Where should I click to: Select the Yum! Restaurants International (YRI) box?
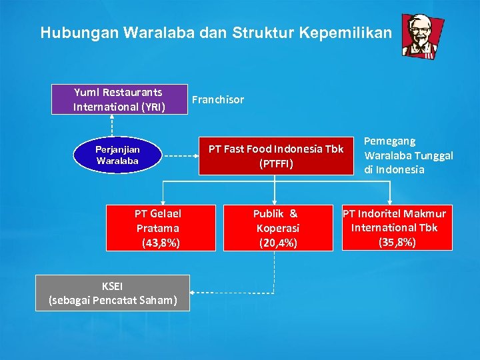(x=119, y=99)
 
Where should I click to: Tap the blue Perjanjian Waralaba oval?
(x=117, y=155)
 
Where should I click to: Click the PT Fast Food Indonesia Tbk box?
(x=276, y=155)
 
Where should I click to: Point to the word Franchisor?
(x=217, y=100)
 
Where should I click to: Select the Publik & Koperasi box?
(x=276, y=228)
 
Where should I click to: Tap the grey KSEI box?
(x=113, y=293)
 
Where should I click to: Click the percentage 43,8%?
(x=161, y=243)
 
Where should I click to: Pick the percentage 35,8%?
(x=397, y=241)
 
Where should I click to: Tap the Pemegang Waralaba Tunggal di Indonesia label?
(x=408, y=155)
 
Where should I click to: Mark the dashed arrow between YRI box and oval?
(x=112, y=126)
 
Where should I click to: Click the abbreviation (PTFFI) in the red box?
(x=276, y=163)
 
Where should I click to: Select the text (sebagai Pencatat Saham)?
(x=113, y=300)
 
